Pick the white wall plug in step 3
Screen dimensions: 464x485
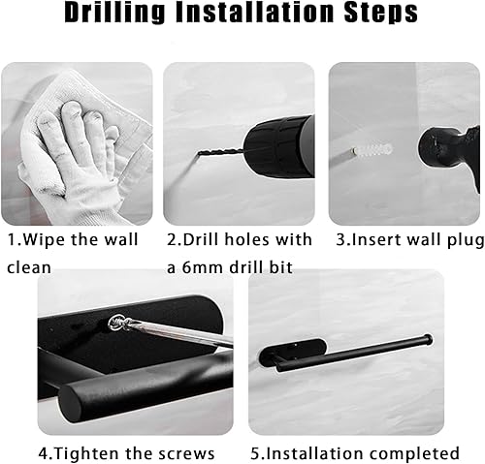(x=370, y=151)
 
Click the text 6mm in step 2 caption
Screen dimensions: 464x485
(x=200, y=265)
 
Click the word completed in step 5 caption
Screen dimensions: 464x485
(x=416, y=452)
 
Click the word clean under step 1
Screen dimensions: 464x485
(x=29, y=265)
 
